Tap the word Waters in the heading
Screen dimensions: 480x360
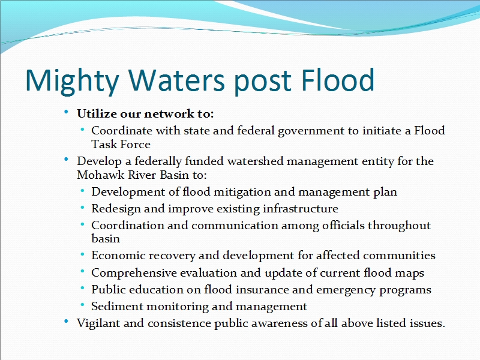[176, 80]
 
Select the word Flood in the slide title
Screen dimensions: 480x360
[338, 80]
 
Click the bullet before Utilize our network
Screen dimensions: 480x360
[66, 112]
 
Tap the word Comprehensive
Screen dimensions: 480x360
[134, 273]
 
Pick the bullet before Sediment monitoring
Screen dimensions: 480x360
[82, 305]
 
